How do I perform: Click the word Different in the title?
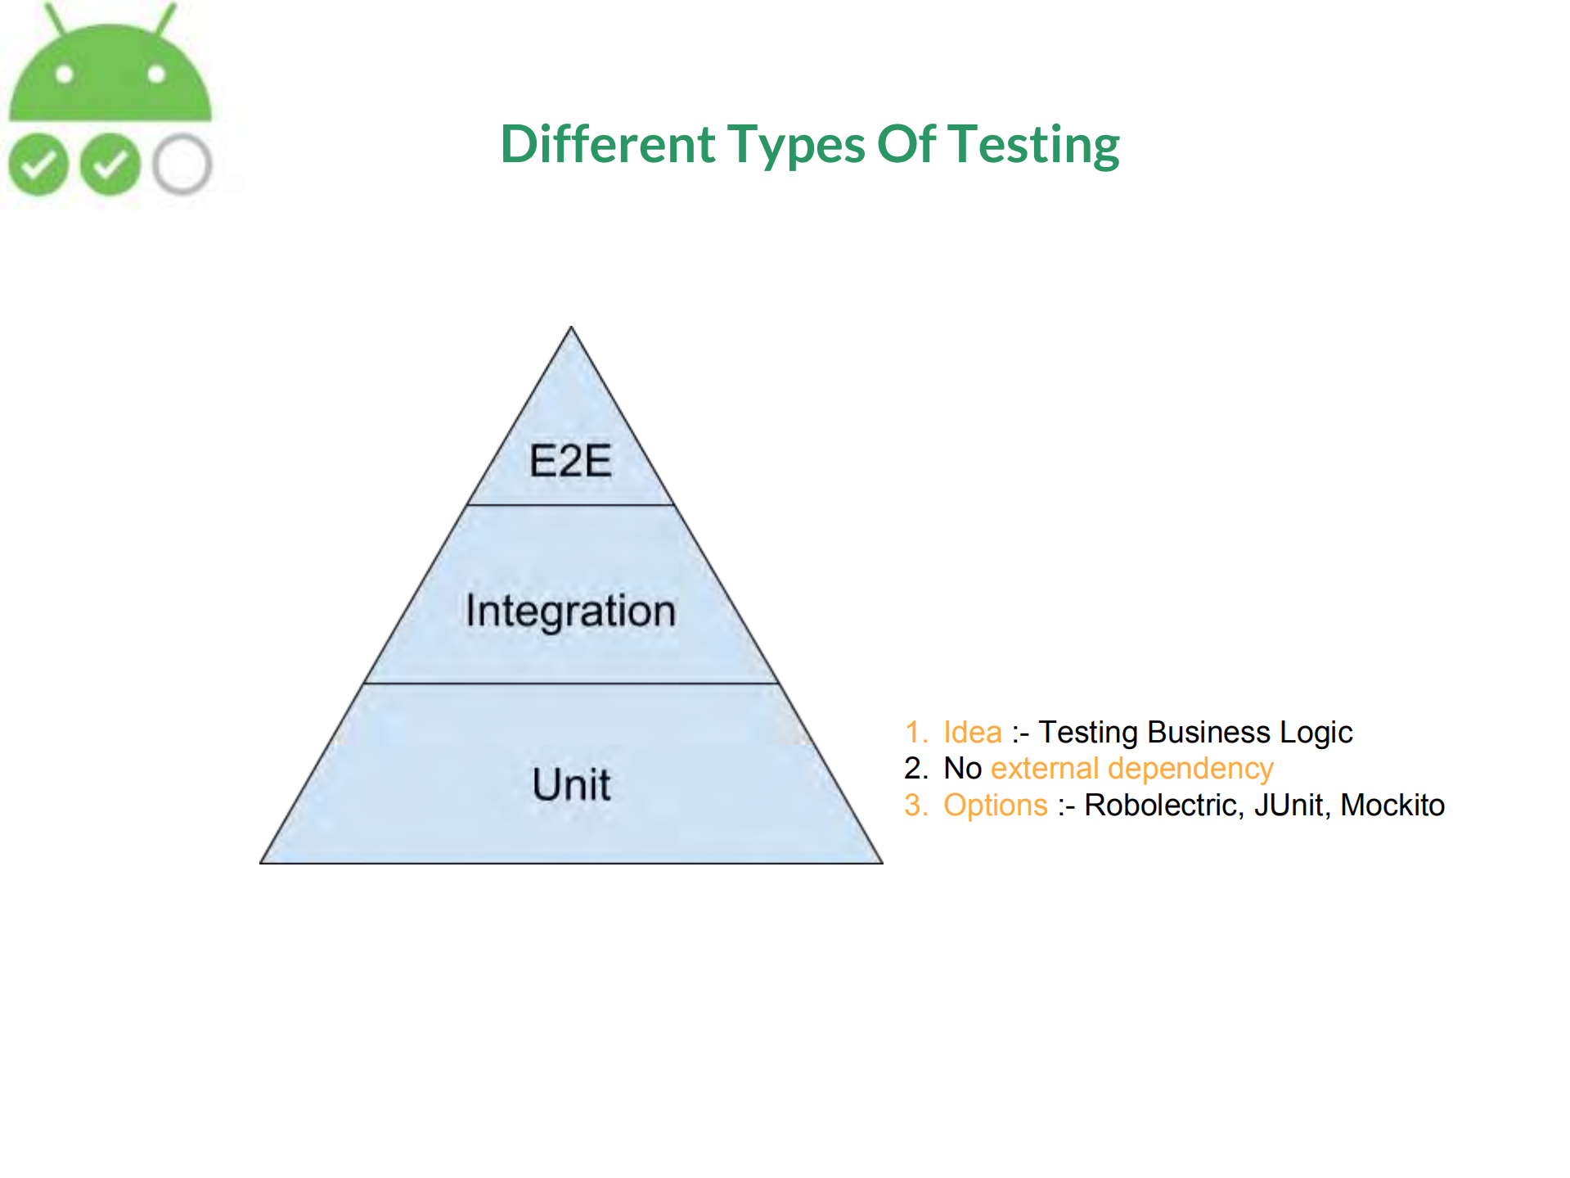[608, 144]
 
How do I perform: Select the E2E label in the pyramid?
[570, 460]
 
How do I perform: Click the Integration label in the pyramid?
[571, 612]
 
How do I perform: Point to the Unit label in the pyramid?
[571, 784]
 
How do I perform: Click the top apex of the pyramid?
[571, 327]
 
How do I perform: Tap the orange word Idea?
[972, 732]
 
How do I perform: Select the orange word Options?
[995, 806]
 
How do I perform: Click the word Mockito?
[1392, 805]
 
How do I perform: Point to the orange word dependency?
[1190, 770]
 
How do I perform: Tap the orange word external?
[1045, 769]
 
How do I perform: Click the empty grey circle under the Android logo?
[182, 165]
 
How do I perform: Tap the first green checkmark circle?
[38, 165]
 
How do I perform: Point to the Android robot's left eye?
[65, 75]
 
